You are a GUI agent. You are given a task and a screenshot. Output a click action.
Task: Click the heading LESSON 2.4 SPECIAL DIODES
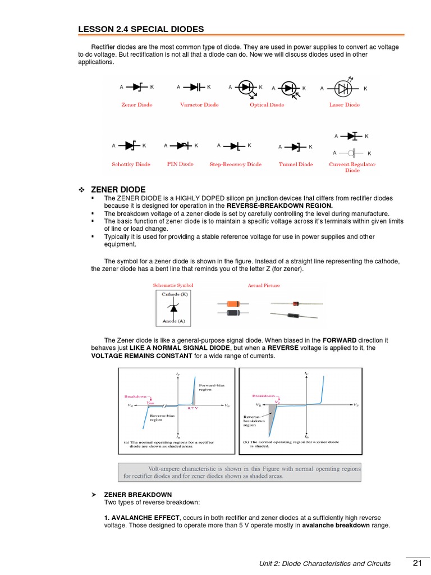[140, 29]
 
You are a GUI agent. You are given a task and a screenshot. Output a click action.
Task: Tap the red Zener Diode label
[137, 105]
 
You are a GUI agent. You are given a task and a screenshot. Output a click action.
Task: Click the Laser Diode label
[344, 105]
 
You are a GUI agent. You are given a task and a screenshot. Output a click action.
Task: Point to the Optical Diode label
[267, 105]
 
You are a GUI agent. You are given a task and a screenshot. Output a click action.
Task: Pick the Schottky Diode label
[131, 165]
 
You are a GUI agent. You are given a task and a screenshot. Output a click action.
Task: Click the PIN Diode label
[180, 164]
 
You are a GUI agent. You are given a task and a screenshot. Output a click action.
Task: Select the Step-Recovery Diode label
[235, 165]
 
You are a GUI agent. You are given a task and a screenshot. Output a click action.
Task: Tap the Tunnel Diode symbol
[295, 147]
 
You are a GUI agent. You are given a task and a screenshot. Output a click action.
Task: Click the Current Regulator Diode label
[352, 167]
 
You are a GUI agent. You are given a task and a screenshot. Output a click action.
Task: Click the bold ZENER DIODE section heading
[122, 189]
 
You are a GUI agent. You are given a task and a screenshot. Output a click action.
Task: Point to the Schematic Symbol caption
[173, 285]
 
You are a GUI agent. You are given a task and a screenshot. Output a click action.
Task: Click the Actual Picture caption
[263, 285]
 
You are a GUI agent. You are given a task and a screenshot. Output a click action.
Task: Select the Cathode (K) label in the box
[175, 294]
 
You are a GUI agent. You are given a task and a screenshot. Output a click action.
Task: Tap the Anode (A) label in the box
[173, 321]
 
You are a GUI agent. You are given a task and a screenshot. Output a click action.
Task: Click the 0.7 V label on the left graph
[192, 408]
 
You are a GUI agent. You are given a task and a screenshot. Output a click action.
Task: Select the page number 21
[416, 563]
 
